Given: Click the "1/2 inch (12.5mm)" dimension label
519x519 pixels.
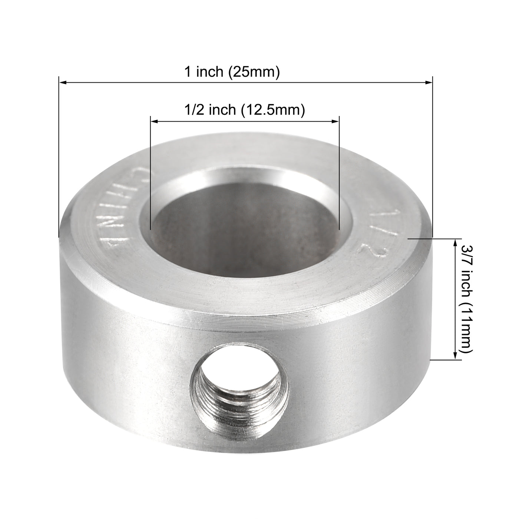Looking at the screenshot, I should (245, 110).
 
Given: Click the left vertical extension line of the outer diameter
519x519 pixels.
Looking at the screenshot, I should (59, 156).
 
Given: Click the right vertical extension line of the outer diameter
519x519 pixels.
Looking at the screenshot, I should (433, 156).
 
